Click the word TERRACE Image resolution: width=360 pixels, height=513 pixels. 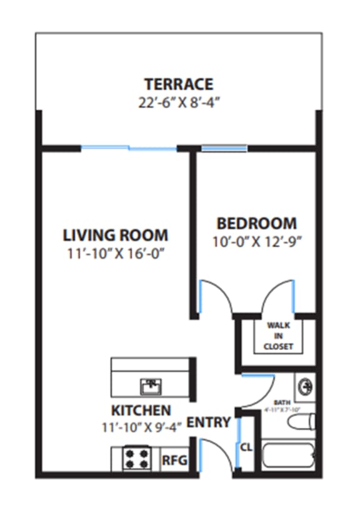point(179,84)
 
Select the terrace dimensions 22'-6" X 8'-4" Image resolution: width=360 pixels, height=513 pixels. point(179,102)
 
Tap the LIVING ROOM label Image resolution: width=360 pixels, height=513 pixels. point(116,236)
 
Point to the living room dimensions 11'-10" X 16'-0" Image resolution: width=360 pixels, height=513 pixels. point(116,254)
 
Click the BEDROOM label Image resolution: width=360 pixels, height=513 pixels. point(256,223)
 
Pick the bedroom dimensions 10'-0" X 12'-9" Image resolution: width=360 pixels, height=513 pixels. point(256,241)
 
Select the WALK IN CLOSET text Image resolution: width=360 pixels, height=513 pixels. point(278,336)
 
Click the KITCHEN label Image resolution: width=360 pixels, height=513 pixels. point(141,411)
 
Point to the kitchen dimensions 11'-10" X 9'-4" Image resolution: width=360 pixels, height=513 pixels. point(141,427)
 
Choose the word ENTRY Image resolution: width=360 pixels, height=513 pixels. point(209,422)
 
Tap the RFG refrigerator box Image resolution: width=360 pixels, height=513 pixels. point(173,461)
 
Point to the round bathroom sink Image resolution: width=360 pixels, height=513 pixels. point(304,386)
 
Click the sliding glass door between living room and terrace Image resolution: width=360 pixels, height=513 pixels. point(129,148)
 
